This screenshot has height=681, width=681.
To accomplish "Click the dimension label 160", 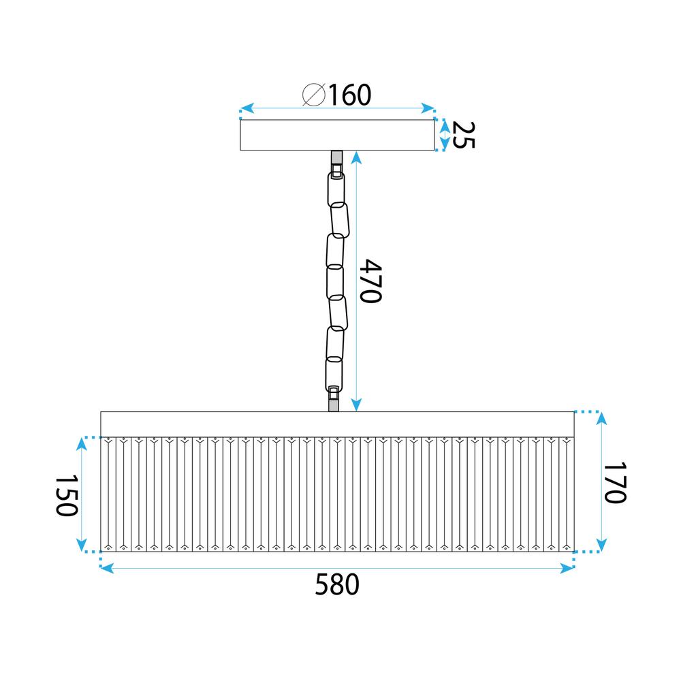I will pos(350,95).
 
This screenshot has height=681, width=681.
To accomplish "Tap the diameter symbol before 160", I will pos(314,96).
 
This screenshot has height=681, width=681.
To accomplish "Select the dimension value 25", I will pos(463,135).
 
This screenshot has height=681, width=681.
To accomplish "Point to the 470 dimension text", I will pos(373,281).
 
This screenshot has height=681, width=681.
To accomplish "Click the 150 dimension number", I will pos(65,496).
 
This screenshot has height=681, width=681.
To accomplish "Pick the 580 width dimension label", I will pos(336,585).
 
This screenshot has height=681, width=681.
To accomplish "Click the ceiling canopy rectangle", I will pos(337,135).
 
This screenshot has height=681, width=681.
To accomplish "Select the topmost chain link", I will pos(336,187).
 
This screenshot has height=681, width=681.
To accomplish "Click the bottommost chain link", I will pos(334,371).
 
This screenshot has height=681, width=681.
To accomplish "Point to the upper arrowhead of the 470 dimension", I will pos(355,156).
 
